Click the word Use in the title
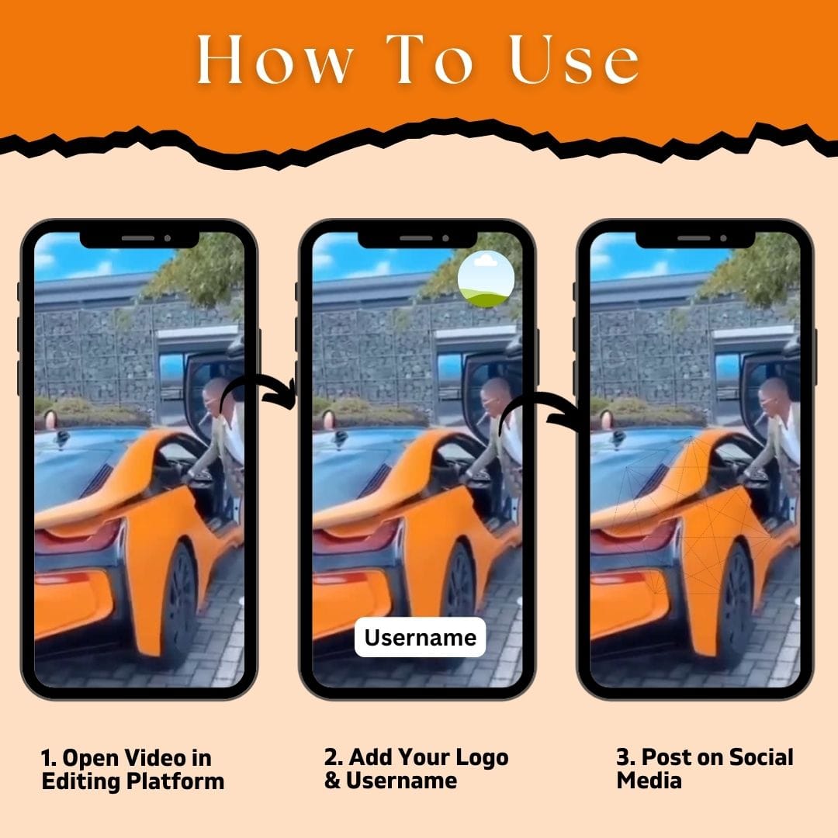tap(574, 59)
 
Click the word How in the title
tap(275, 59)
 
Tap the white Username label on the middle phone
tap(420, 637)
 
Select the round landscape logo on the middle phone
tap(486, 279)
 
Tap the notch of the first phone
tap(140, 239)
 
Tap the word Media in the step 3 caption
tap(649, 781)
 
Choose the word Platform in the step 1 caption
tap(175, 781)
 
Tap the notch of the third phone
tap(695, 239)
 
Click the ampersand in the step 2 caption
tap(332, 781)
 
